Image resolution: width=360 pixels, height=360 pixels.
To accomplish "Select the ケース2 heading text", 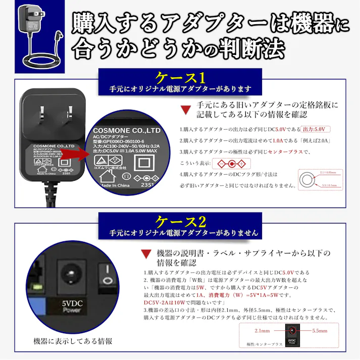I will click(x=180, y=222).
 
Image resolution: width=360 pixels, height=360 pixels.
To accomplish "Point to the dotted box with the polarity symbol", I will click(x=231, y=164).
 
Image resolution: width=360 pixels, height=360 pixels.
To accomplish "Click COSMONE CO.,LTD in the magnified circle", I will click(x=126, y=130).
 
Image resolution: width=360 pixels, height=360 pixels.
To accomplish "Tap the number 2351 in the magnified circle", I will click(x=147, y=185).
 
